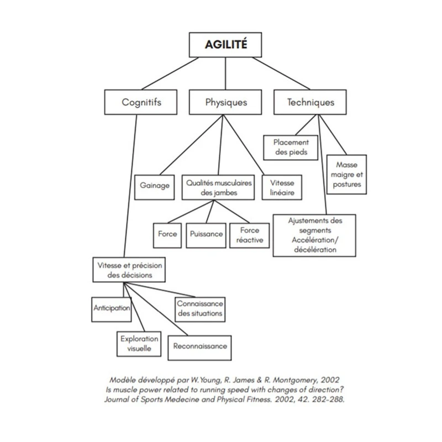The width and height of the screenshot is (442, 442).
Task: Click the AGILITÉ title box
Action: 225,45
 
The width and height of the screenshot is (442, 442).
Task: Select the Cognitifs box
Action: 141,102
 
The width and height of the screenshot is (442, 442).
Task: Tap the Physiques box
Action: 226,102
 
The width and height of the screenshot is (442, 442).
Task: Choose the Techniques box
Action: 311,102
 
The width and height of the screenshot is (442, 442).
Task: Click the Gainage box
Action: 155,186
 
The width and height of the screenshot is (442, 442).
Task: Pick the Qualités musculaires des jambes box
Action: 218,187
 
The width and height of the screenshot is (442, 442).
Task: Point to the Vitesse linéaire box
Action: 282,187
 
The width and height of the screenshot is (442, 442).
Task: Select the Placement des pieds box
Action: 291,147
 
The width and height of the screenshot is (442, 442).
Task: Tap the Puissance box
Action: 206,234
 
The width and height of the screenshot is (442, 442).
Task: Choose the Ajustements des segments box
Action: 314,235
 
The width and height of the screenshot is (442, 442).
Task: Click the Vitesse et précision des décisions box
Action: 129,270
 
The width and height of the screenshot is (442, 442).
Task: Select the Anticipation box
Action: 112,308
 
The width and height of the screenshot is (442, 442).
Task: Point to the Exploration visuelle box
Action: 139,344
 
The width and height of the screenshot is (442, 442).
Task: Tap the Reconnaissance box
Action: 199,347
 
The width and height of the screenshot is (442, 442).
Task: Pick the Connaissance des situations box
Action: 199,308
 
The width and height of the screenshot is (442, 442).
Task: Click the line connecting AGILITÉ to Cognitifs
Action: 166,73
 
